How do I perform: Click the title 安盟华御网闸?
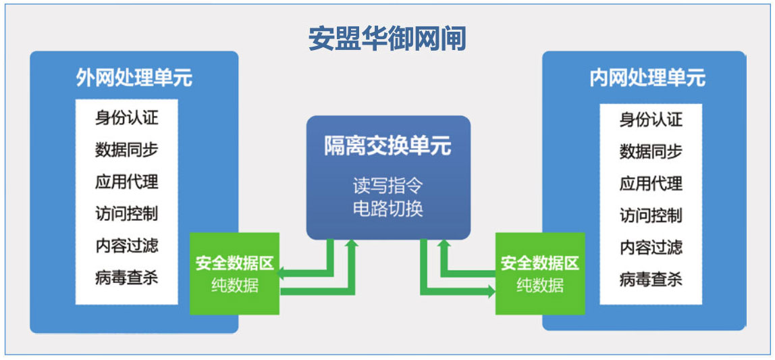(387, 38)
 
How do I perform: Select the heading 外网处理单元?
(134, 78)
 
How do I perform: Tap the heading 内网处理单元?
(647, 78)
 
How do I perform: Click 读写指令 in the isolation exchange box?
(388, 187)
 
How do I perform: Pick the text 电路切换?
(388, 209)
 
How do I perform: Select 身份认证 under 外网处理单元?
(127, 119)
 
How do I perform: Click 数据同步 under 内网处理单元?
(651, 151)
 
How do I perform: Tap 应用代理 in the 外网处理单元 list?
(127, 182)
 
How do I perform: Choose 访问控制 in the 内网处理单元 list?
(651, 215)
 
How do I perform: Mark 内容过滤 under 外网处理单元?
(127, 246)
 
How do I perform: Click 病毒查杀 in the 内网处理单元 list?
(651, 280)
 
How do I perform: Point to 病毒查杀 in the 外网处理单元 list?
(127, 278)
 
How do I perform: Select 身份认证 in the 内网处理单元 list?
(651, 120)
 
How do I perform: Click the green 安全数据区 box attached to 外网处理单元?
(235, 274)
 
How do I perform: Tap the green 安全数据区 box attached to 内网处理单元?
(540, 274)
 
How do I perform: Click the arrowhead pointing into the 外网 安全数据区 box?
(280, 272)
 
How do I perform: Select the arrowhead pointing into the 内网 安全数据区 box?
(491, 291)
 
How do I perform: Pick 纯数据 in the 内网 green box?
(540, 285)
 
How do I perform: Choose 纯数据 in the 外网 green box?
(235, 285)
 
